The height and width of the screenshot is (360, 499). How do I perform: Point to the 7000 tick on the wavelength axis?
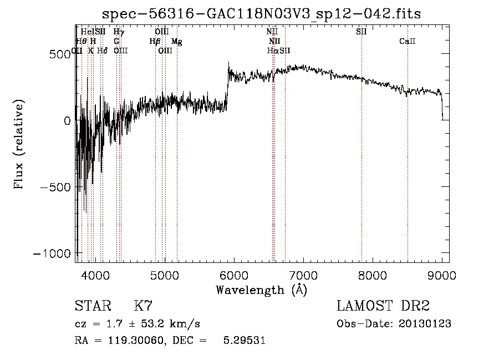pos(303,275)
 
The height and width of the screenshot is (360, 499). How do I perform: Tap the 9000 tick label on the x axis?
pos(442,275)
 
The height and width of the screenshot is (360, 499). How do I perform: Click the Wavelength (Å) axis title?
pos(261,290)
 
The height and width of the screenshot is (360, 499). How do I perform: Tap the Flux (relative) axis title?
pos(20,144)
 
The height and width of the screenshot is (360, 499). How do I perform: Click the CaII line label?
pos(408,41)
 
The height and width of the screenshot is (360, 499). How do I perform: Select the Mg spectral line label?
pos(176,41)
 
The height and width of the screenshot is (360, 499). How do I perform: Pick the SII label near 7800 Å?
pos(361,32)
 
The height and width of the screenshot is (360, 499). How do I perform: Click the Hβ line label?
pos(155,41)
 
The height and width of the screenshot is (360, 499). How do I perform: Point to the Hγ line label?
pos(119,32)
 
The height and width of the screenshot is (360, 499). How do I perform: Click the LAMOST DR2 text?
pos(383,306)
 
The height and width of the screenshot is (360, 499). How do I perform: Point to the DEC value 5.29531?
pos(245,341)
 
